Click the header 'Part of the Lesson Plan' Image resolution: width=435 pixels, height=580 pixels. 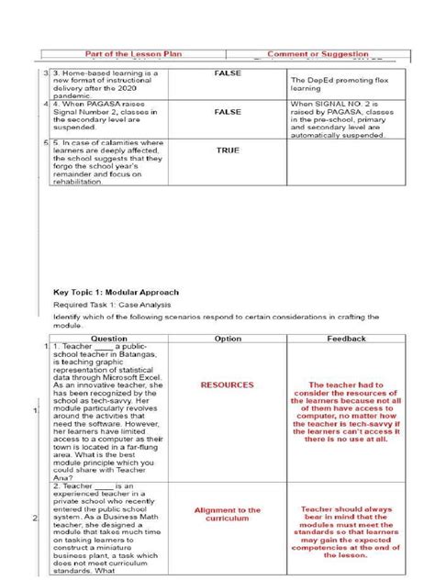point(134,54)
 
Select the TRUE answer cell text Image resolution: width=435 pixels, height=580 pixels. point(228,150)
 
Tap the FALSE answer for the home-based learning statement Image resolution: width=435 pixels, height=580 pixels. point(228,72)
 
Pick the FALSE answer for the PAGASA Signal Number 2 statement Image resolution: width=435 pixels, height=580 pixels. point(228,111)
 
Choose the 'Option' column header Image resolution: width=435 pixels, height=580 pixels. point(228,339)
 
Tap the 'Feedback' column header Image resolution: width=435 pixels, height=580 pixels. point(346,339)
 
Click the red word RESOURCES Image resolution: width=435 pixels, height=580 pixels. point(228,385)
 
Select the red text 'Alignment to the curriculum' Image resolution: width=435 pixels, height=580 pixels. point(228,515)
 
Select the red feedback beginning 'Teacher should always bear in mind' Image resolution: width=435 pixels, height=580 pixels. point(346,530)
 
